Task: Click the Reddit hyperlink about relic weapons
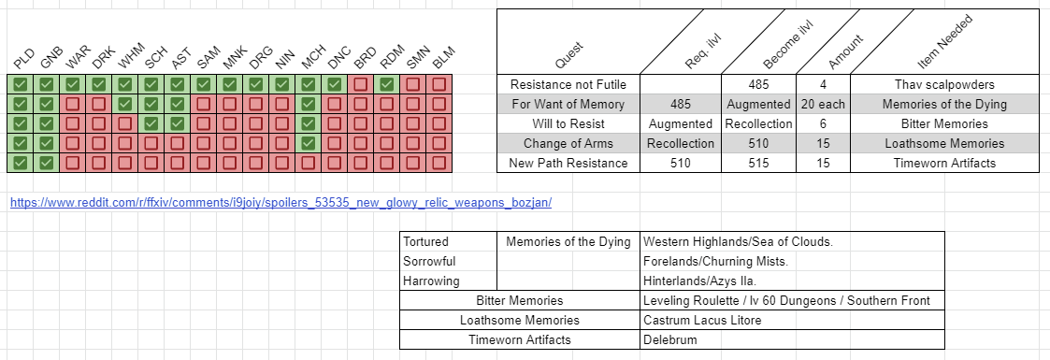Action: [287, 202]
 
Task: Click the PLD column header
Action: [22, 62]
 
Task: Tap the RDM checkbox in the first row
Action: [387, 84]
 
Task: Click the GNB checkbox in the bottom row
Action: [46, 163]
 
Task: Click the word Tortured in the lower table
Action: [425, 242]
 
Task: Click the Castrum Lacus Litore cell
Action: [702, 320]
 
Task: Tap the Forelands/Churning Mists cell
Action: [716, 262]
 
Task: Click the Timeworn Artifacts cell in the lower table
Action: [519, 339]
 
